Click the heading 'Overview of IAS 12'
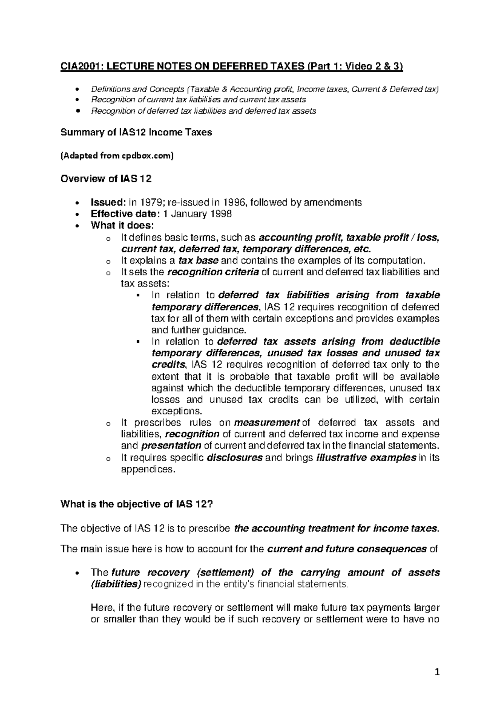(106, 179)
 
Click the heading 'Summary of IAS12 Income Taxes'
(136, 132)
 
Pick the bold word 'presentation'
(171, 446)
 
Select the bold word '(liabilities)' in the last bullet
(116, 584)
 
